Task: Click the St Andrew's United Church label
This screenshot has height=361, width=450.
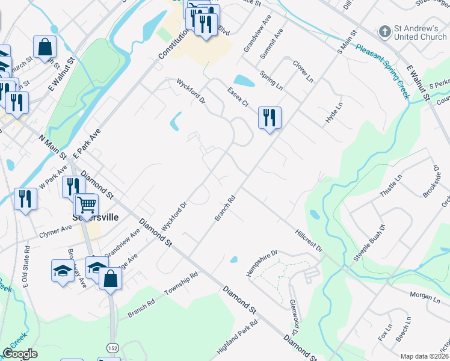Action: [x=421, y=32]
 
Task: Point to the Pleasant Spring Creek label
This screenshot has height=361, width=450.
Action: [x=382, y=70]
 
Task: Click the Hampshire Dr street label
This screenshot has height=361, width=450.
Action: [x=262, y=264]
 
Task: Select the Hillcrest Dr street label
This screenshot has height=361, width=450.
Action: [x=309, y=239]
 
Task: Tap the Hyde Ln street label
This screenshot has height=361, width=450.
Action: [x=333, y=113]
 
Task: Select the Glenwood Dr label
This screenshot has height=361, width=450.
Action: [x=294, y=316]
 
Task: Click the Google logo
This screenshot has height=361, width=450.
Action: [x=20, y=354]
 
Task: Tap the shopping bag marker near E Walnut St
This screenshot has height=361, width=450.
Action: [x=45, y=47]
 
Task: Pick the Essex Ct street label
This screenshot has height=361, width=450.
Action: [x=238, y=96]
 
